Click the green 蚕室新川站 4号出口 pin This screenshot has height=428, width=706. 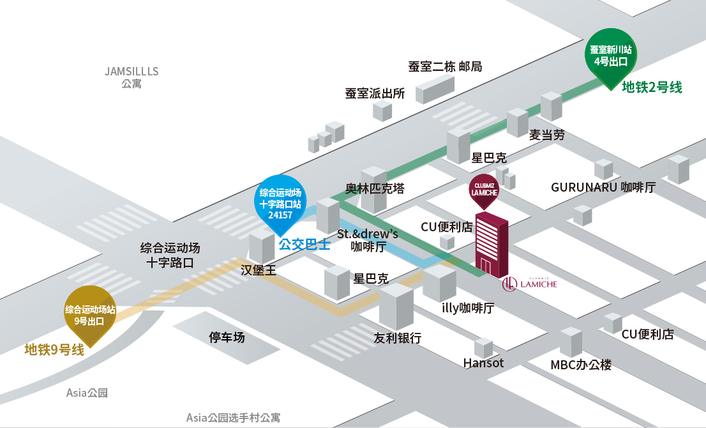(x=610, y=55)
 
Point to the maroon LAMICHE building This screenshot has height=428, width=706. (x=492, y=246)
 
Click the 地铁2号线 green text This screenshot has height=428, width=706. (x=652, y=88)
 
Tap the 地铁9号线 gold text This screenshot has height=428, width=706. (x=54, y=350)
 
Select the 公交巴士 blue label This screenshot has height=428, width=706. (x=304, y=244)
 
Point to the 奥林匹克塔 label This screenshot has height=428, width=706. (x=375, y=189)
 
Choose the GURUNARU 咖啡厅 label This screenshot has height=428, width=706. (x=603, y=187)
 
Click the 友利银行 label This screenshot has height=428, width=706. (x=398, y=338)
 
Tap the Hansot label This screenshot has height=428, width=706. (x=483, y=363)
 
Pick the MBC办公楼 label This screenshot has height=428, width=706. (x=581, y=365)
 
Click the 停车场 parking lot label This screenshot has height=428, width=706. (x=227, y=337)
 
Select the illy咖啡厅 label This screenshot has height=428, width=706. (x=468, y=308)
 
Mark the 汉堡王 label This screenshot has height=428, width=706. (x=259, y=270)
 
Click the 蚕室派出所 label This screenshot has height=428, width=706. (x=375, y=93)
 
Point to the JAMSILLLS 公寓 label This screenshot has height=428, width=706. (x=131, y=77)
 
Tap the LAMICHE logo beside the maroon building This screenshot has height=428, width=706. (x=530, y=283)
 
